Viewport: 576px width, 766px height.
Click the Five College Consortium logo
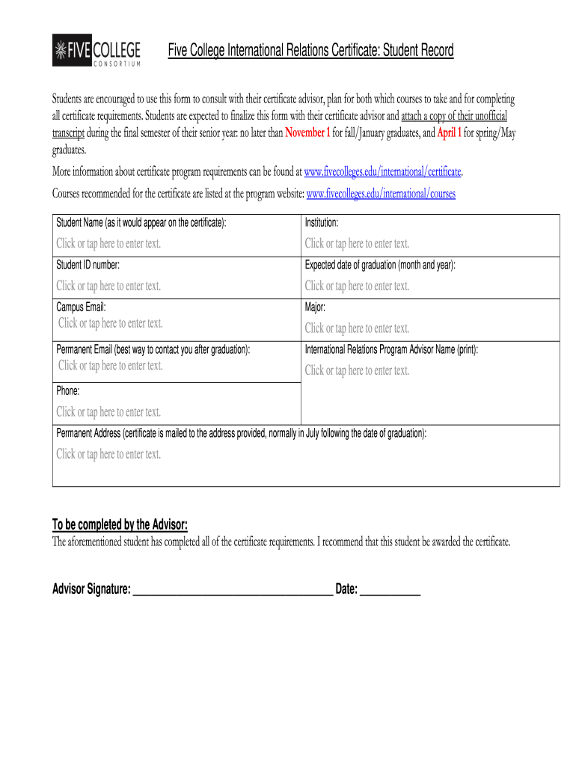pos(96,51)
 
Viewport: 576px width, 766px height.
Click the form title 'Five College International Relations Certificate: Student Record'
pos(310,51)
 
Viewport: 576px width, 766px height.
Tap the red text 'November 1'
pos(307,133)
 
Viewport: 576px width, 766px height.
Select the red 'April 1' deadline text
pos(449,133)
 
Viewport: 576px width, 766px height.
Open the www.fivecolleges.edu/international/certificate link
pos(384,172)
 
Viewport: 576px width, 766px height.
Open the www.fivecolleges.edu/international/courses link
pos(381,194)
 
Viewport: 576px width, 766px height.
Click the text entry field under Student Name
pos(108,243)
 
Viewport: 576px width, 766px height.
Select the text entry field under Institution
pos(357,243)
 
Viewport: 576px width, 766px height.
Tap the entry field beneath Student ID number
pos(108,286)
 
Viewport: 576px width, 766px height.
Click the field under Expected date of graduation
pos(357,286)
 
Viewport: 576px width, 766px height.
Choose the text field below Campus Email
pos(111,323)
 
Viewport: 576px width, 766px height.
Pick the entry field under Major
pos(357,328)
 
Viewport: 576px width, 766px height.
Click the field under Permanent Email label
pos(111,365)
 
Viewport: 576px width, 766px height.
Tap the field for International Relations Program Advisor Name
pos(357,370)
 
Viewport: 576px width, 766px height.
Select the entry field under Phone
pos(108,412)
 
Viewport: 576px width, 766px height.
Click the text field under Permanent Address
pos(108,454)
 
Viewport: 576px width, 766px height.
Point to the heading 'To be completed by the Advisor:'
pos(120,524)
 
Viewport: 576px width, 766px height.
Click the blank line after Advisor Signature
pos(233,589)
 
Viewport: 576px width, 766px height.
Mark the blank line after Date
pos(390,589)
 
